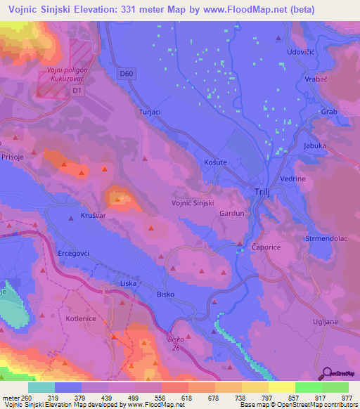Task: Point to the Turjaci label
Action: coord(150,112)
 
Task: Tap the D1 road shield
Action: coord(77,91)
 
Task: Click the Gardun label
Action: coord(231,213)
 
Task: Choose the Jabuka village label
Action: coord(315,145)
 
